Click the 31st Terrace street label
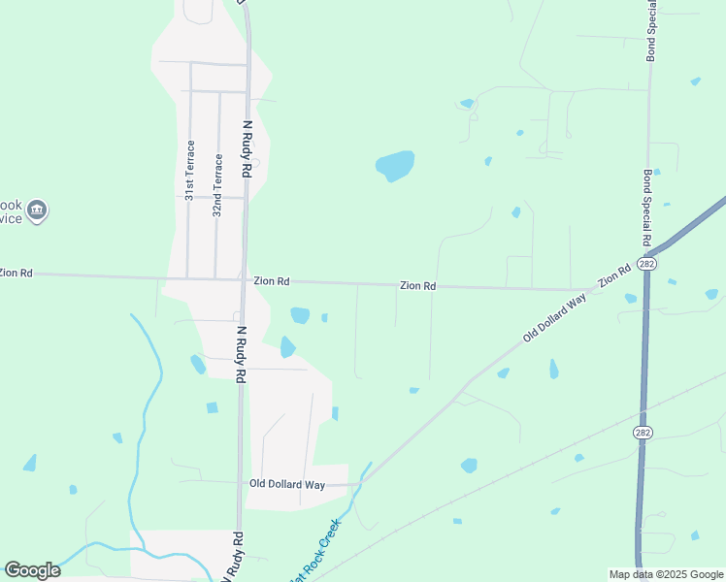click(x=190, y=170)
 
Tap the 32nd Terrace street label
click(x=218, y=184)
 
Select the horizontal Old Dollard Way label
click(x=286, y=483)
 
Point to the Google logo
click(x=32, y=570)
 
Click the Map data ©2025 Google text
click(x=666, y=574)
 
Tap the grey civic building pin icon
click(x=37, y=210)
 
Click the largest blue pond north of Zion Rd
click(x=395, y=166)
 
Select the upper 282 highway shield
click(x=645, y=265)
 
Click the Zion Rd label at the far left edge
click(x=16, y=274)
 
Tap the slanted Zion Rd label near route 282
click(x=615, y=275)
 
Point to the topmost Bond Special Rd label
click(x=651, y=31)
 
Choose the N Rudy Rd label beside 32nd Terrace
click(x=247, y=148)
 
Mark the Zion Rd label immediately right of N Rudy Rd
click(x=272, y=280)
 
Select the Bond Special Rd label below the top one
click(x=646, y=209)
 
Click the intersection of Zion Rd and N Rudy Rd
click(x=243, y=280)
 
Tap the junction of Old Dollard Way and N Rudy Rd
click(x=240, y=482)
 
